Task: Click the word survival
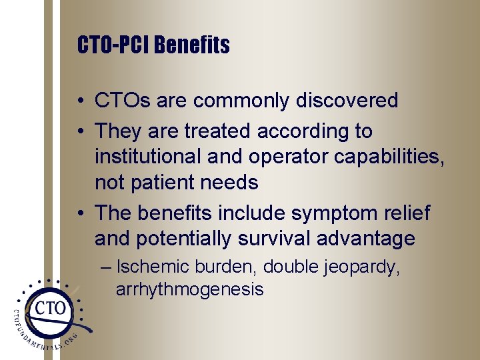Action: (x=273, y=238)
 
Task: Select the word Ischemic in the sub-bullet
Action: (x=153, y=267)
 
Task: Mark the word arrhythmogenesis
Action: (x=189, y=289)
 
